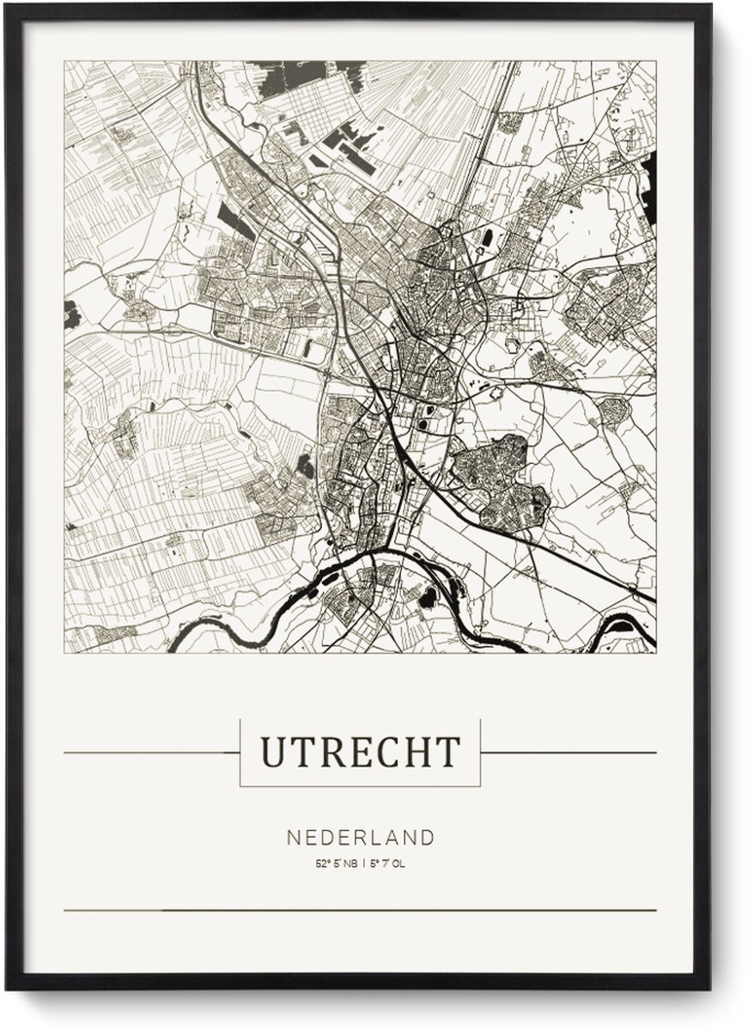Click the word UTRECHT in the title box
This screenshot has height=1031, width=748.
[360, 753]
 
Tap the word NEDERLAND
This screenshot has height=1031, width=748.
[361, 838]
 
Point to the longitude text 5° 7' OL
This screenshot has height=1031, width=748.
[388, 863]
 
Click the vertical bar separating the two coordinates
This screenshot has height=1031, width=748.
[362, 863]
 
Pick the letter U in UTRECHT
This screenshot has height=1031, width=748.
[271, 753]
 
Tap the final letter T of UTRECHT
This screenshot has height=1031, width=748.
[449, 753]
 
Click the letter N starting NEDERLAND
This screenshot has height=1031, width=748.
[293, 838]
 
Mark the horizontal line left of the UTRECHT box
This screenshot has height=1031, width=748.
[150, 753]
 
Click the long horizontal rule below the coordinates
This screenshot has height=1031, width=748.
[360, 910]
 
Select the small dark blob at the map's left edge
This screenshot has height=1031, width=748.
[71, 314]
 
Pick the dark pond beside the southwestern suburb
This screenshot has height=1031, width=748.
[305, 467]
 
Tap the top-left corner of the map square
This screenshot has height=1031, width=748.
[65, 61]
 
